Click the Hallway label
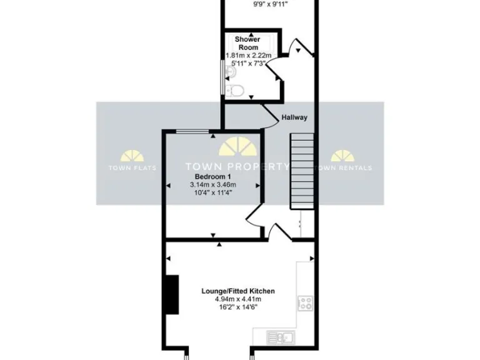(x=294, y=117)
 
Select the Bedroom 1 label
(x=212, y=177)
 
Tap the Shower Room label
(x=247, y=43)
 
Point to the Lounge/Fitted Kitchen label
(x=238, y=291)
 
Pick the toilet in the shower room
(x=234, y=91)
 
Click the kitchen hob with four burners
(x=306, y=304)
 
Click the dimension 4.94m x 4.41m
(x=238, y=299)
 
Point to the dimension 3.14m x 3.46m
(x=212, y=185)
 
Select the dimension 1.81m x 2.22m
(x=247, y=56)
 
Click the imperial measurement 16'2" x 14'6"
(x=238, y=307)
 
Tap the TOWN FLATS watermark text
(x=132, y=167)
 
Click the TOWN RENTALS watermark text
(x=342, y=167)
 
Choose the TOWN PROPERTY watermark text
(x=237, y=167)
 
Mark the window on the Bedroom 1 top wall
(x=192, y=131)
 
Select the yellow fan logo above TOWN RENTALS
(x=342, y=156)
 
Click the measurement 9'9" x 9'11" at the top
(x=269, y=4)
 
